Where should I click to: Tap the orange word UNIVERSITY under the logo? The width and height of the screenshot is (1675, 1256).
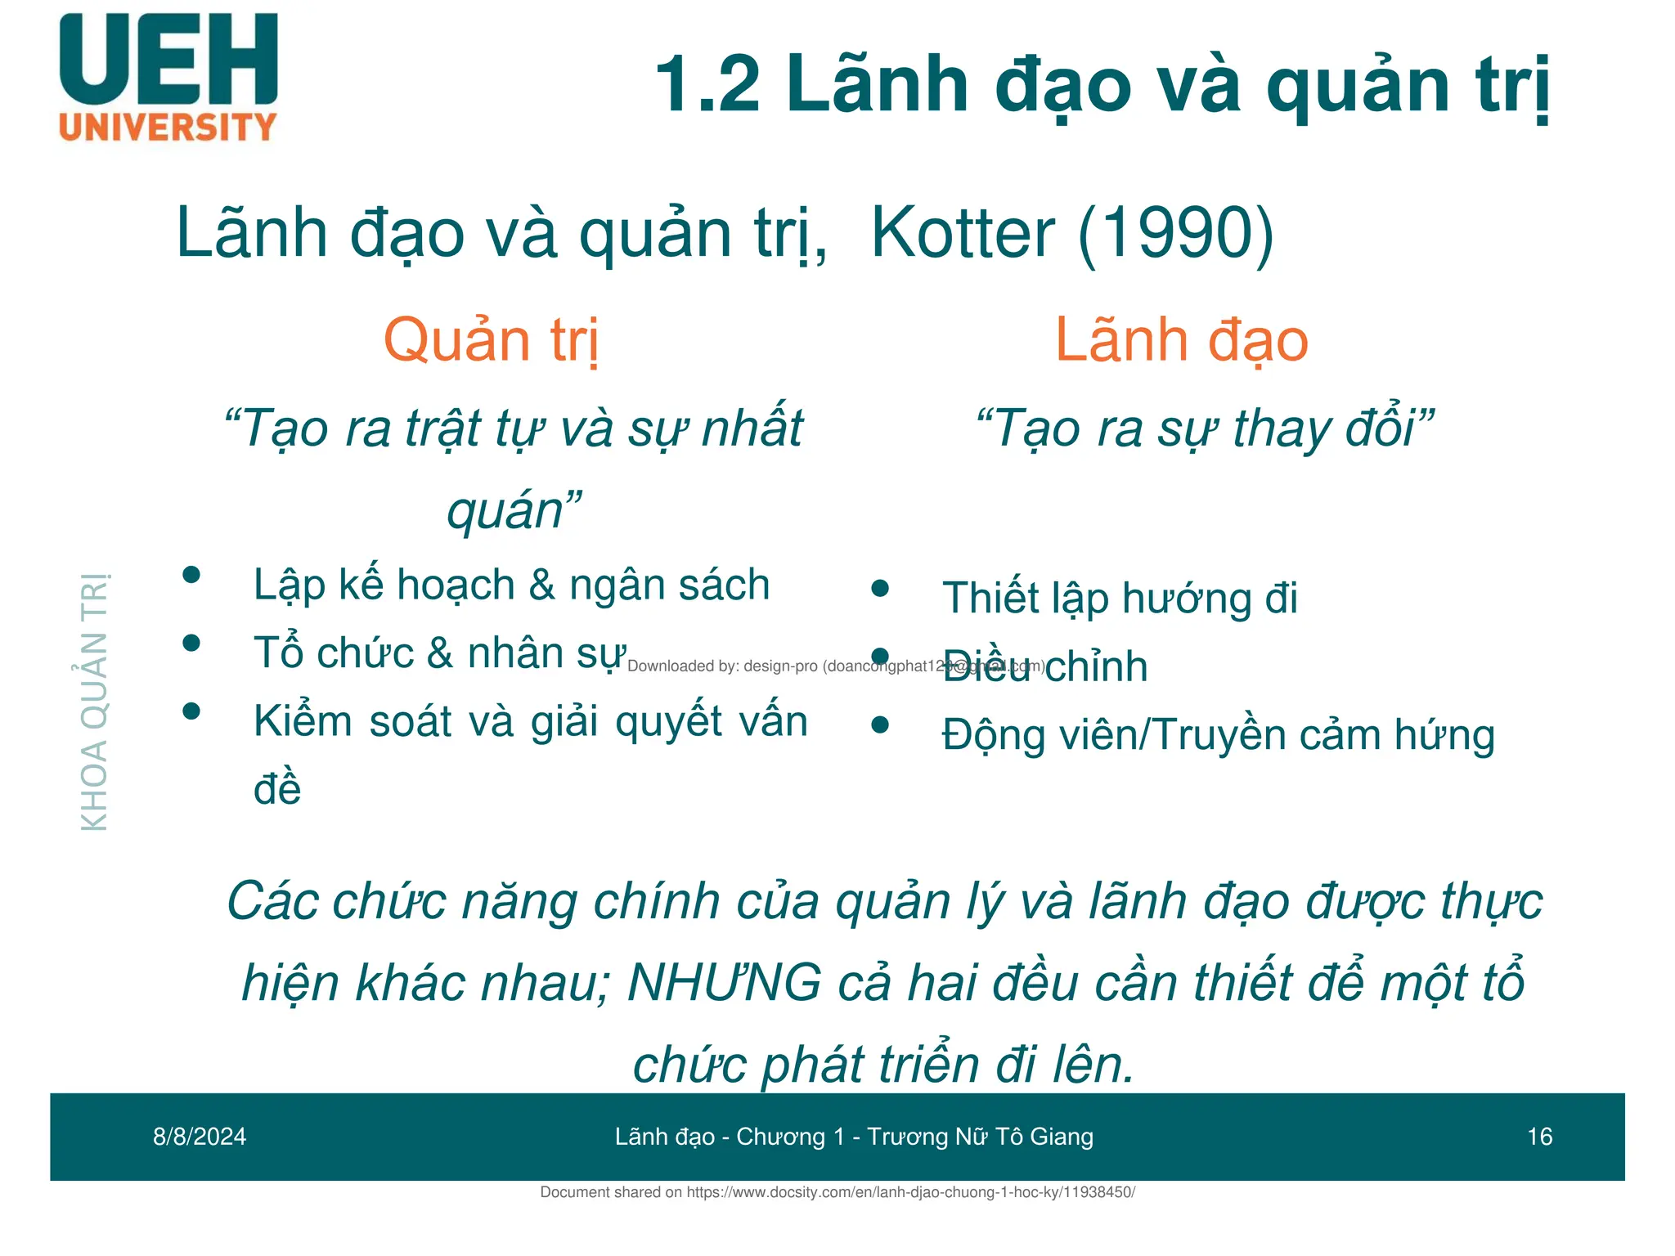pyautogui.click(x=168, y=128)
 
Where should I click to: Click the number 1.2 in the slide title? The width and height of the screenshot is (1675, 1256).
pyautogui.click(x=707, y=84)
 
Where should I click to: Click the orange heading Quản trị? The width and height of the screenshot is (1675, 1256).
pyautogui.click(x=491, y=340)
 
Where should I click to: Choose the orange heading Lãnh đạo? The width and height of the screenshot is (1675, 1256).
pyautogui.click(x=1181, y=340)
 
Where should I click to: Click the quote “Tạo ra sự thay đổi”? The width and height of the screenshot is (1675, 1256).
pyautogui.click(x=1206, y=428)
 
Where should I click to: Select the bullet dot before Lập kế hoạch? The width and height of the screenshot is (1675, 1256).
pyautogui.click(x=191, y=575)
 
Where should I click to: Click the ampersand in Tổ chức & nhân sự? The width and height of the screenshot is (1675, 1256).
pyautogui.click(x=440, y=653)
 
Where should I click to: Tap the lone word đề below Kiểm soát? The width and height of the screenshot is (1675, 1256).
pyautogui.click(x=277, y=789)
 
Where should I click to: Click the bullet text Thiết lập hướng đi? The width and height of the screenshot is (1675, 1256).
pyautogui.click(x=1119, y=598)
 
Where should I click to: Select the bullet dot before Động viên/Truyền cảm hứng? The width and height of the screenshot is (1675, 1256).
pyautogui.click(x=880, y=724)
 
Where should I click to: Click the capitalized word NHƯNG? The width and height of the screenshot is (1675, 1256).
pyautogui.click(x=724, y=982)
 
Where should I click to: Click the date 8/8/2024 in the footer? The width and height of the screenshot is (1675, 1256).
pyautogui.click(x=200, y=1137)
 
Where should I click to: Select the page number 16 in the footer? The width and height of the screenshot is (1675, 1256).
pyautogui.click(x=1539, y=1137)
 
